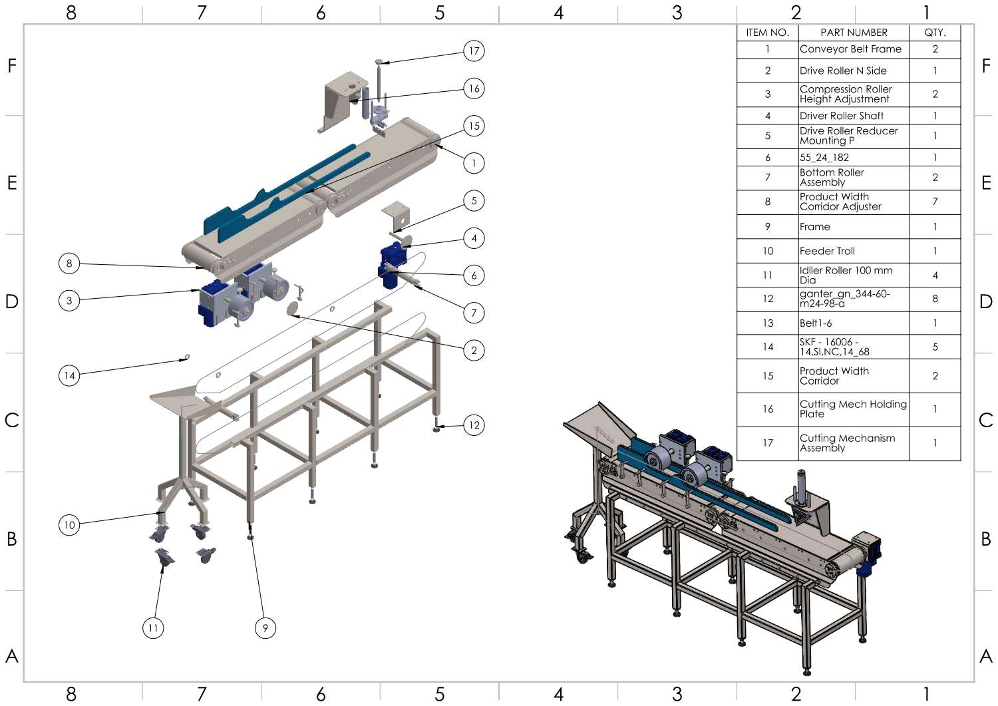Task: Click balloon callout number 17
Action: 474,51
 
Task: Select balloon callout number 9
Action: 265,627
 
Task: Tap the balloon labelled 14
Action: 69,375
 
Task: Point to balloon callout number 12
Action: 474,425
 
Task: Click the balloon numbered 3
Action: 69,301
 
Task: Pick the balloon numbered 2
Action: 474,350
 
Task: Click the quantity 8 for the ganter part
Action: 935,299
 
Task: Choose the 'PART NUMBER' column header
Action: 854,33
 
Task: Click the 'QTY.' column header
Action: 935,33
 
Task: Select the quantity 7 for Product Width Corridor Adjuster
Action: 935,202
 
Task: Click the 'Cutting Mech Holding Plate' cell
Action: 853,409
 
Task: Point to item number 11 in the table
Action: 767,275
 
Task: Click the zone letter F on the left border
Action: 11,65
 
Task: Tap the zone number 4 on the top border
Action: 558,12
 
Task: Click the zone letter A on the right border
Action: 986,656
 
